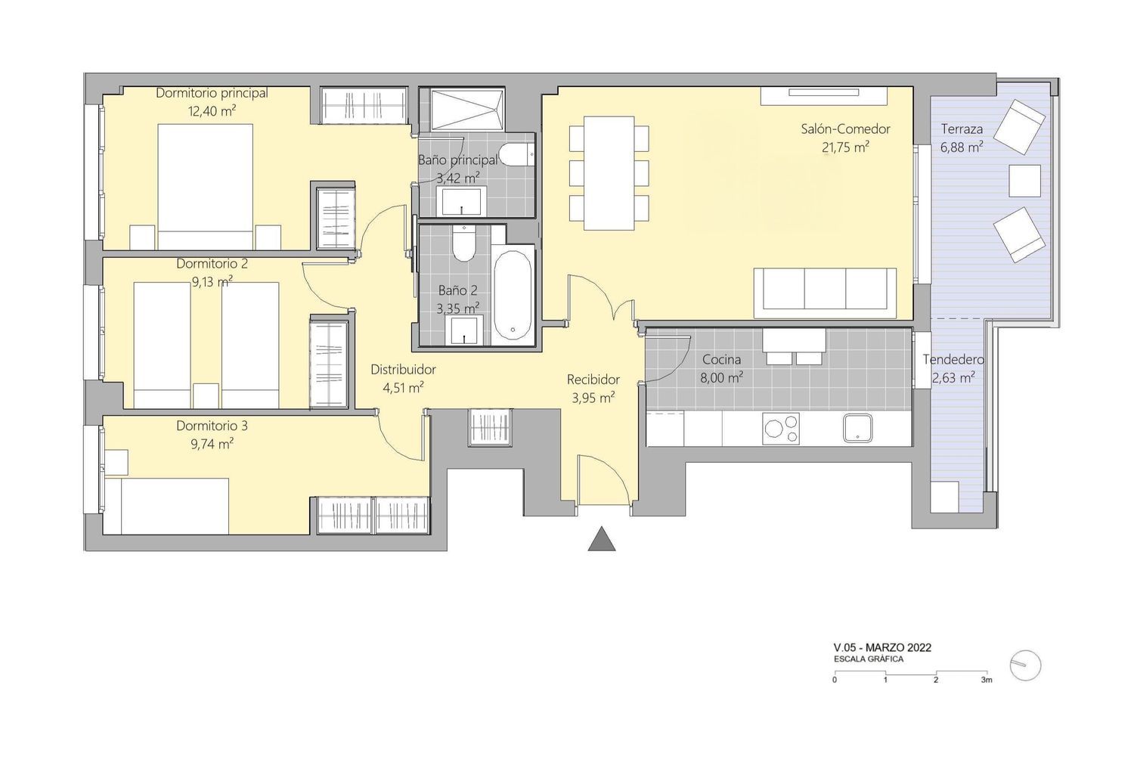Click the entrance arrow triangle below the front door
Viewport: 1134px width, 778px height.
(x=602, y=540)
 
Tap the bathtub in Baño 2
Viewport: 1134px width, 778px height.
(x=513, y=295)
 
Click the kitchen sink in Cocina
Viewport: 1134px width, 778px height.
(x=857, y=428)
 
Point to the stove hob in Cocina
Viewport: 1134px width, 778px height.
(x=781, y=429)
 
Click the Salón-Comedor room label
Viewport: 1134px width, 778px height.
(x=845, y=129)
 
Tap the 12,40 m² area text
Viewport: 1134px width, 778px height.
(x=212, y=111)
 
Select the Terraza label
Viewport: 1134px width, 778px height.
(x=962, y=129)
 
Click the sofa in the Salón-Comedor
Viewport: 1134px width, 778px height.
(x=826, y=293)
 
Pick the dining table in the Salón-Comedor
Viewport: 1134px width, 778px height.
(x=609, y=173)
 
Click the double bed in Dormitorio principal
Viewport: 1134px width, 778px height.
(x=206, y=187)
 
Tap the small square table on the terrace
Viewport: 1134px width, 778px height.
(x=1024, y=181)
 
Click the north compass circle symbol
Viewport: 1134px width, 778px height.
(x=1025, y=665)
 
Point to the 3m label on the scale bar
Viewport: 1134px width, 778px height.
(x=986, y=680)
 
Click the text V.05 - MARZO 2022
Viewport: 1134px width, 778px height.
(x=882, y=647)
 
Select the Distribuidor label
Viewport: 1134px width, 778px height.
(x=403, y=370)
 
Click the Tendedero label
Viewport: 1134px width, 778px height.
(x=953, y=360)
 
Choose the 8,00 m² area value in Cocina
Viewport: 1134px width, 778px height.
(x=721, y=377)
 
